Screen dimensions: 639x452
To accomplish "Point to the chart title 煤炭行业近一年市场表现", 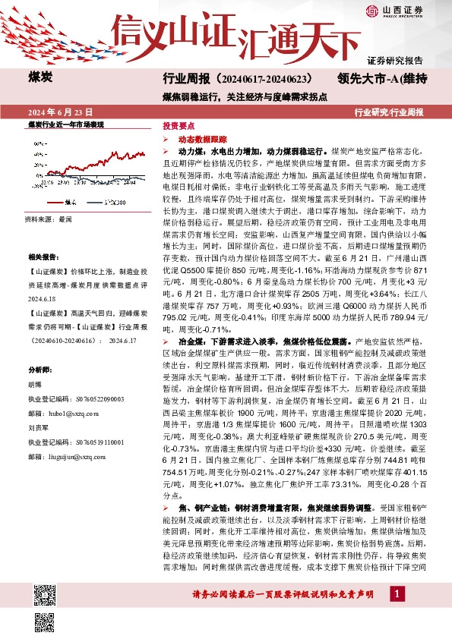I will click(65, 124).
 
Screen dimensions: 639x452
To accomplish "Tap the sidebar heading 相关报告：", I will click(42, 258).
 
